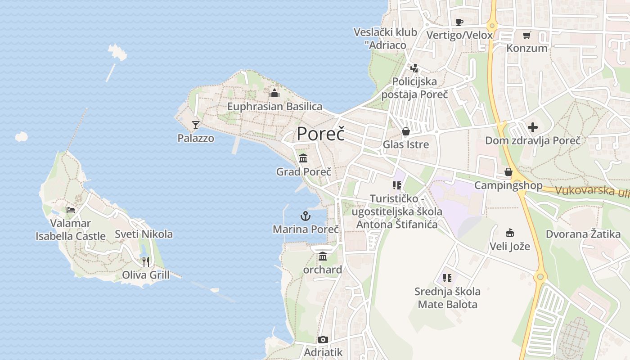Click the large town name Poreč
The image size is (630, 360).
click(x=321, y=134)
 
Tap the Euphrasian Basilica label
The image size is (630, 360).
click(x=274, y=107)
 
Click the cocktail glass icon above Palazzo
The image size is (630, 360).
click(x=196, y=125)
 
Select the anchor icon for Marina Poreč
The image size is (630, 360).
click(x=306, y=216)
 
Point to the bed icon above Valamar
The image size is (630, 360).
click(x=71, y=210)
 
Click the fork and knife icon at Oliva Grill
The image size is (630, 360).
click(x=145, y=261)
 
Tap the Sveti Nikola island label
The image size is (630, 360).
click(x=144, y=234)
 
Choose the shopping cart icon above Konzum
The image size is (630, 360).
click(x=526, y=35)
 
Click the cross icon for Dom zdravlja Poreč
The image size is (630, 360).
click(x=533, y=127)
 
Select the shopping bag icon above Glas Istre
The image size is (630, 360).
click(x=405, y=131)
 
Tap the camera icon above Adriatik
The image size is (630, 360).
click(x=323, y=339)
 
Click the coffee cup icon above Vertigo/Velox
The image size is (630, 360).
click(x=459, y=22)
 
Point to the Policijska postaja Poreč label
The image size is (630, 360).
click(x=414, y=88)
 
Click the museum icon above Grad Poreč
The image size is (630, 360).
click(x=303, y=158)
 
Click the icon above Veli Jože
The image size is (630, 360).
click(x=509, y=233)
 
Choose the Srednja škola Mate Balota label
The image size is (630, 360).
click(x=447, y=298)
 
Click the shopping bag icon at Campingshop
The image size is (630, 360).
click(x=508, y=172)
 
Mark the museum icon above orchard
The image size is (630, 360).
click(x=322, y=256)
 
